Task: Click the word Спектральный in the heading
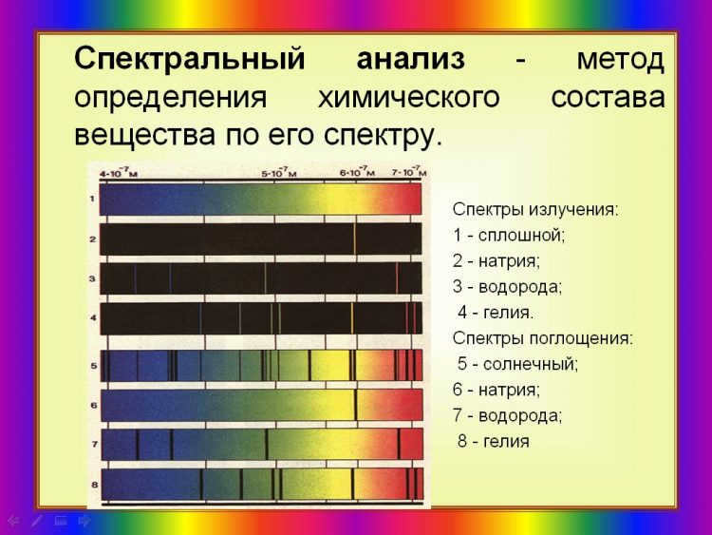[x=189, y=60]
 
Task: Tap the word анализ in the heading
[x=410, y=59]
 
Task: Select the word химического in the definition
[x=408, y=98]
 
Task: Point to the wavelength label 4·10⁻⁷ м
[x=119, y=173]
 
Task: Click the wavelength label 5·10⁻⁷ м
[x=279, y=173]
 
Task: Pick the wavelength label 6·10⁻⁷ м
[x=357, y=172]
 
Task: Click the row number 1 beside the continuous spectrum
[x=92, y=199]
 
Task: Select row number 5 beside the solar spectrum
[x=94, y=366]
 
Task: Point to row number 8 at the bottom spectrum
[x=94, y=485]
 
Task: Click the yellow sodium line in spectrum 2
[x=355, y=239]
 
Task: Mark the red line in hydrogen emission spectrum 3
[x=397, y=278]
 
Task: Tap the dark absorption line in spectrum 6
[x=356, y=405]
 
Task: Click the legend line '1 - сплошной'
[x=509, y=236]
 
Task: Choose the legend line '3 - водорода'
[x=507, y=287]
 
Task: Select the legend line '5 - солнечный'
[x=517, y=364]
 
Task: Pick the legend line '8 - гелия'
[x=493, y=441]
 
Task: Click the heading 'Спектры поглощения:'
[x=543, y=338]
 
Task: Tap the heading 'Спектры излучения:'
[x=535, y=210]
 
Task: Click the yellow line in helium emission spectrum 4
[x=352, y=318]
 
